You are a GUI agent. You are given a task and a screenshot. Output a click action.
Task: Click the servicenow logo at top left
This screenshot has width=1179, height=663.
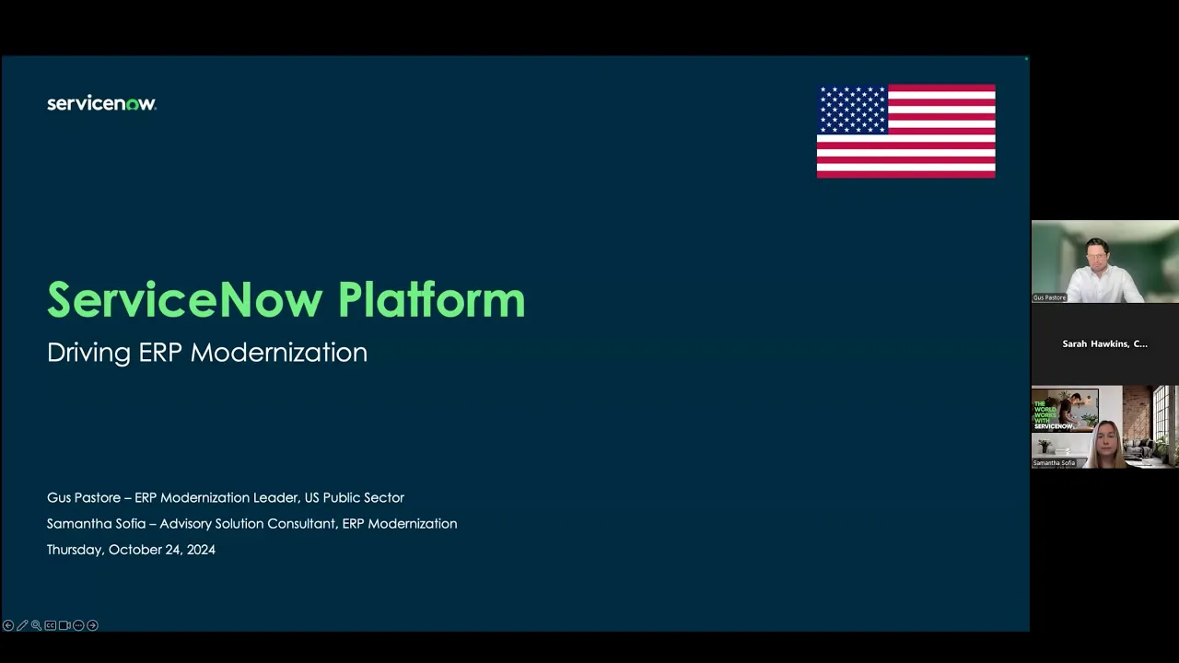(101, 104)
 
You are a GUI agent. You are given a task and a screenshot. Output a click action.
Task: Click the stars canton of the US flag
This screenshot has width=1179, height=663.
(852, 110)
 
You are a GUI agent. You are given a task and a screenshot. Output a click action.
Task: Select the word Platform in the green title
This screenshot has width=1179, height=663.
(431, 300)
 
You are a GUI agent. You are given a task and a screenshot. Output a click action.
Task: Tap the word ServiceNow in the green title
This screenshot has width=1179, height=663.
(184, 300)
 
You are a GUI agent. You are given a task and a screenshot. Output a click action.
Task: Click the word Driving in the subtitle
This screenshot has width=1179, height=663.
(88, 353)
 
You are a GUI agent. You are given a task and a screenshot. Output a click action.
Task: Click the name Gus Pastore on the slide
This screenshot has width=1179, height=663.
(84, 497)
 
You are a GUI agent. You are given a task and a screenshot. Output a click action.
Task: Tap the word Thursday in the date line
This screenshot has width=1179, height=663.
(75, 550)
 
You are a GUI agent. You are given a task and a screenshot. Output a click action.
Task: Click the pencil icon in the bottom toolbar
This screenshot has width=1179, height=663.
(22, 625)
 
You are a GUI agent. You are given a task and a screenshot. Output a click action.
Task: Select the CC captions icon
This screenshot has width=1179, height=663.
(51, 625)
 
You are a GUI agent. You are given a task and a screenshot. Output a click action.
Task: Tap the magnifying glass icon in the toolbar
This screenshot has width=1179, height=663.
(36, 625)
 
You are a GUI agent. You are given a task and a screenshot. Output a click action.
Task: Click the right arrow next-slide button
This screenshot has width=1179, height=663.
(92, 625)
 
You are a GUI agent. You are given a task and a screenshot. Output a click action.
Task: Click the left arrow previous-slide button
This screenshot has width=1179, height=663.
(8, 625)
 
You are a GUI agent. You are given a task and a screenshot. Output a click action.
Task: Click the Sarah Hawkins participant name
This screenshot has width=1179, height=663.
(1104, 343)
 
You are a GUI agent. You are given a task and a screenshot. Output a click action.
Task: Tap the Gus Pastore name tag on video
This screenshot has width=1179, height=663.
(1049, 297)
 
